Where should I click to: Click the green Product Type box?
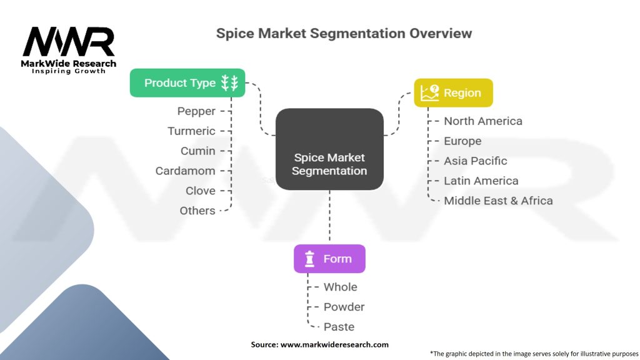pyautogui.click(x=187, y=83)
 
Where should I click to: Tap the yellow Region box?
pyautogui.click(x=453, y=93)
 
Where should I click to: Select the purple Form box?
pyautogui.click(x=329, y=259)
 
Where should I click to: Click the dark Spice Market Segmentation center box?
pyautogui.click(x=329, y=149)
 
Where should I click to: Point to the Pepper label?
pyautogui.click(x=196, y=111)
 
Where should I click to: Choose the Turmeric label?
pyautogui.click(x=191, y=131)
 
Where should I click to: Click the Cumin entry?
pyautogui.click(x=197, y=151)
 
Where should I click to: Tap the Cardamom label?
pyautogui.click(x=185, y=171)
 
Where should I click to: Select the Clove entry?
pyautogui.click(x=200, y=191)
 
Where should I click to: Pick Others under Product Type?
pyautogui.click(x=197, y=211)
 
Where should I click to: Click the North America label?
pyautogui.click(x=482, y=121)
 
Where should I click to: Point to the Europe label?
pyautogui.click(x=462, y=141)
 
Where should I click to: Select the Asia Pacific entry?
pyautogui.click(x=475, y=161)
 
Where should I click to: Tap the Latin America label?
pyautogui.click(x=481, y=181)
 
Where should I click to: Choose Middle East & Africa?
pyautogui.click(x=498, y=201)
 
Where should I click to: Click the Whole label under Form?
pyautogui.click(x=340, y=287)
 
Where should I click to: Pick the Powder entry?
pyautogui.click(x=344, y=307)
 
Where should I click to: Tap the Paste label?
pyautogui.click(x=339, y=327)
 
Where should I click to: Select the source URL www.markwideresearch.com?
pyautogui.click(x=334, y=344)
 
